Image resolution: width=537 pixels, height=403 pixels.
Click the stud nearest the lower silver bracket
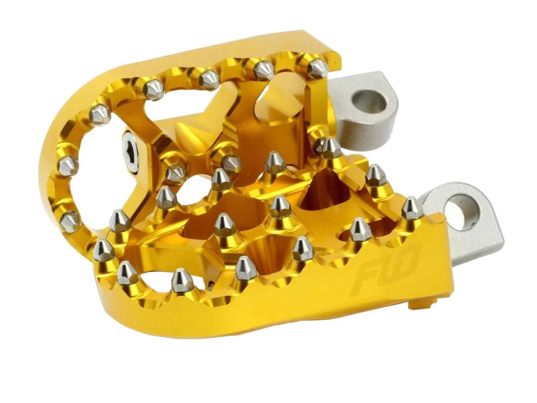412,208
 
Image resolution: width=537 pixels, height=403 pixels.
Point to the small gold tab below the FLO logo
420,304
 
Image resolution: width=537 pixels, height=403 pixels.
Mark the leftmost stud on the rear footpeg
68,166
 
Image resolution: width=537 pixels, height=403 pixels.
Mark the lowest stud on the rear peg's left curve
70,221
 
